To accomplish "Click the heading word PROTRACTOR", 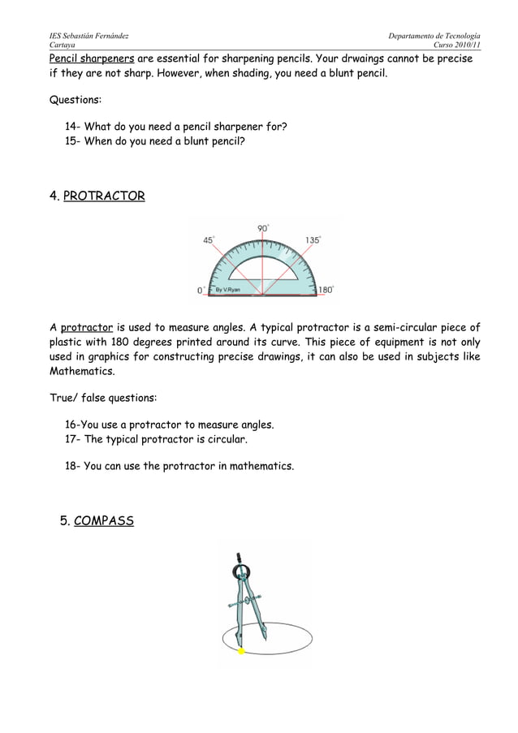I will (104, 196).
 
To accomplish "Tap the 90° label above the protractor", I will (263, 229).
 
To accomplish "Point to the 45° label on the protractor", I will (209, 239).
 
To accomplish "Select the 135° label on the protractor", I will (313, 239).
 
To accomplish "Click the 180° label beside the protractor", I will (325, 289).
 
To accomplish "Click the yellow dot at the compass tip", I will (241, 651).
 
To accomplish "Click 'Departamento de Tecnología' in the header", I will (434, 37).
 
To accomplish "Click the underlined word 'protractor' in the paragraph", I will (87, 327).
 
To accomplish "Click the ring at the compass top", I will (241, 574).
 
